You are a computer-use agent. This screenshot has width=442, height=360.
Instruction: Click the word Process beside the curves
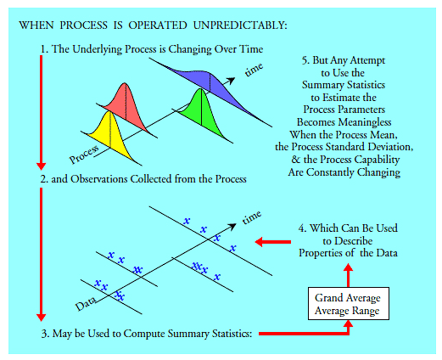coord(86,154)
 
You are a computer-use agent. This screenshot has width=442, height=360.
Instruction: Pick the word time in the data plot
coord(253,218)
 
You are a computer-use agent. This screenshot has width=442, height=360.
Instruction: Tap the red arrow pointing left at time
coord(272,241)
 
